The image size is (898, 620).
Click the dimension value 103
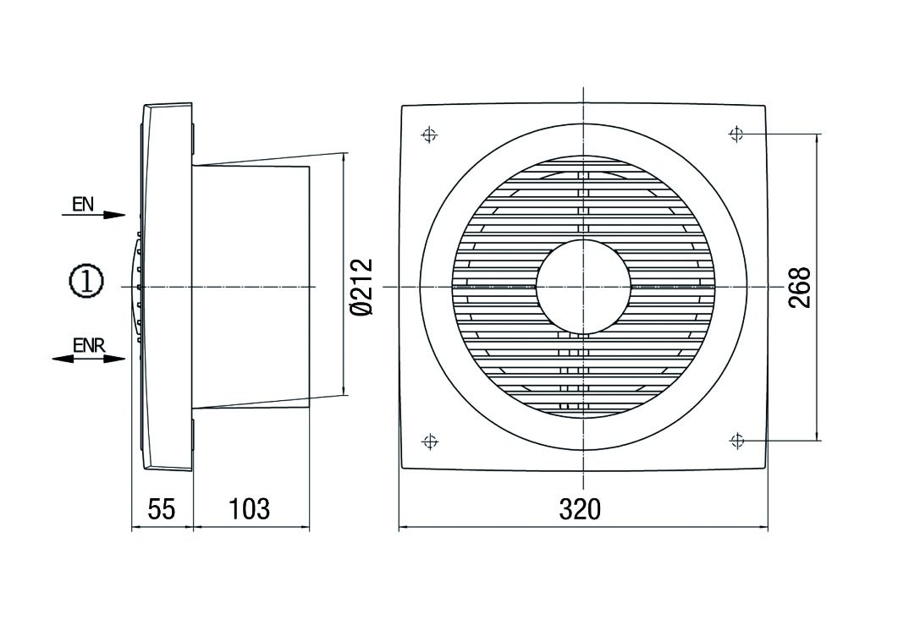(250, 509)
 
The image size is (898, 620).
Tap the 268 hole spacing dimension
(800, 288)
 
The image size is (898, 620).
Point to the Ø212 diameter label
(362, 288)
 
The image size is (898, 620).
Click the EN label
(83, 204)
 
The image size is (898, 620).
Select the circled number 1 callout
(85, 282)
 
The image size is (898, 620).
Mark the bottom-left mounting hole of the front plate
(429, 441)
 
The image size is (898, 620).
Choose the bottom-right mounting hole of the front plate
(736, 441)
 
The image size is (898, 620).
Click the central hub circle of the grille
(583, 287)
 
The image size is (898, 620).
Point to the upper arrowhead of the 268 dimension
(817, 140)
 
